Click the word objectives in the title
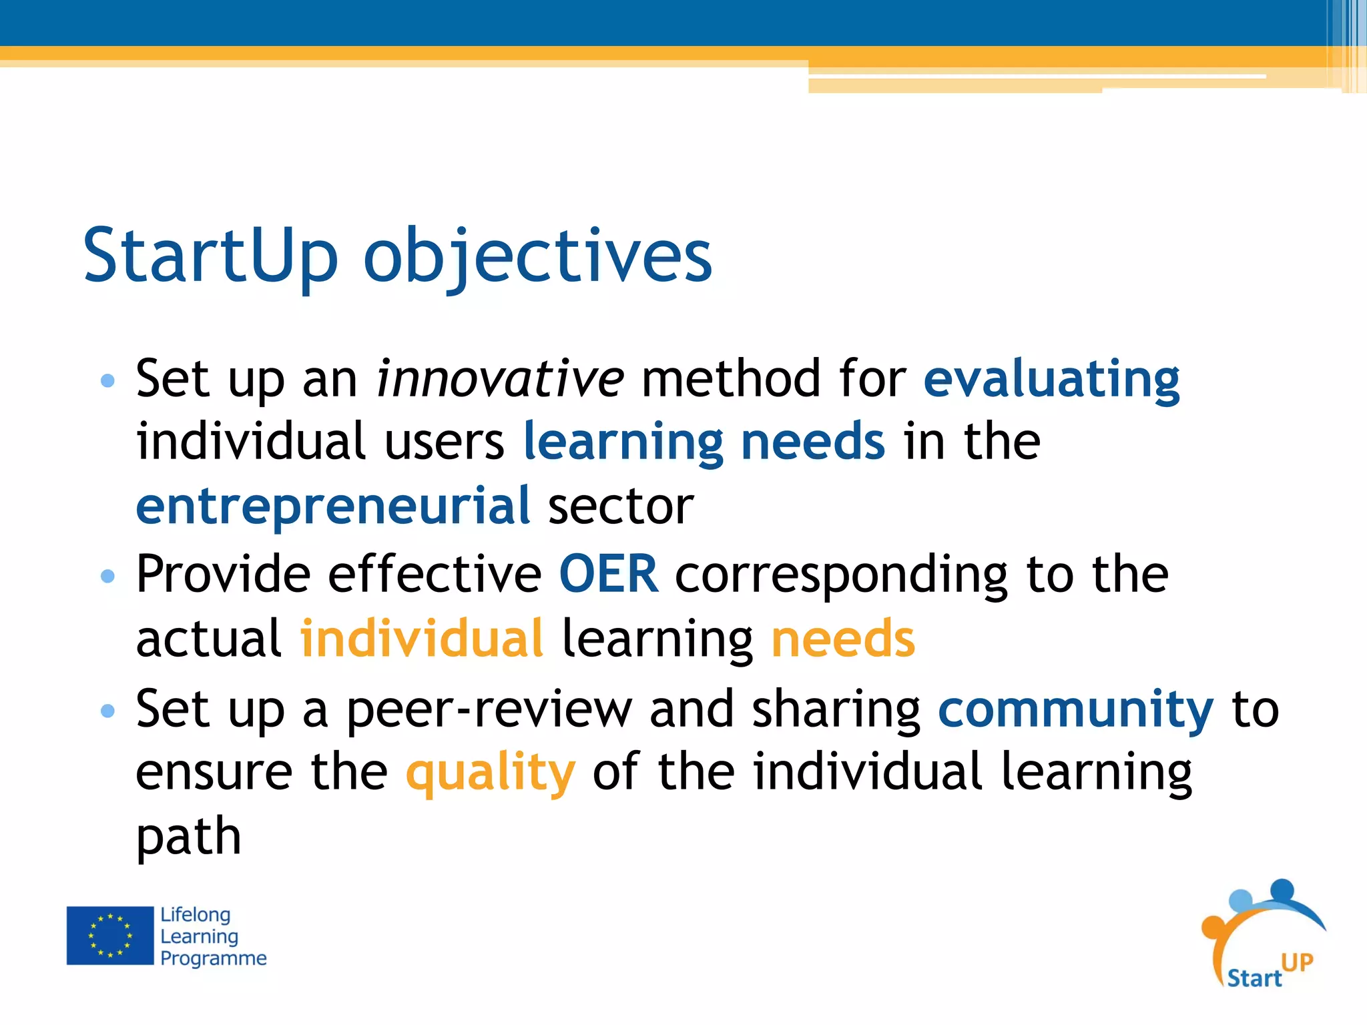click(537, 257)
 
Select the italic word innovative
click(500, 378)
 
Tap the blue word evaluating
click(1051, 378)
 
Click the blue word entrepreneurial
click(333, 505)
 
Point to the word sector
click(621, 506)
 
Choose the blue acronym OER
click(608, 574)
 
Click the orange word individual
click(422, 639)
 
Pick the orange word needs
click(842, 639)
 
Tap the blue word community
click(1075, 709)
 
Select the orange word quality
click(490, 773)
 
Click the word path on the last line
click(188, 836)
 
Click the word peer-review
click(489, 709)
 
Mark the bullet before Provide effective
click(107, 575)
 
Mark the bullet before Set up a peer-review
click(107, 711)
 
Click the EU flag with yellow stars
click(110, 935)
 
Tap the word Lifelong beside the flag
click(195, 915)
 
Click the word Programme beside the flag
click(213, 958)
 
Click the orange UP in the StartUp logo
click(1297, 962)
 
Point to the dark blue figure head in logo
click(1282, 889)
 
